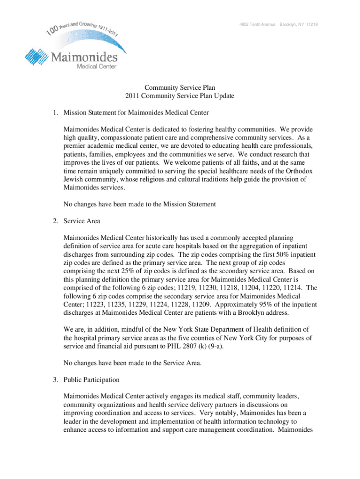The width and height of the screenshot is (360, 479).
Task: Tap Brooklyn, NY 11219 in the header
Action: point(299,24)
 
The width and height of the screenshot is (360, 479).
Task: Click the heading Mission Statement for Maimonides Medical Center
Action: point(136,112)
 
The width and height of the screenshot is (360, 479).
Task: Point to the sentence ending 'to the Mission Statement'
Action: point(139,204)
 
